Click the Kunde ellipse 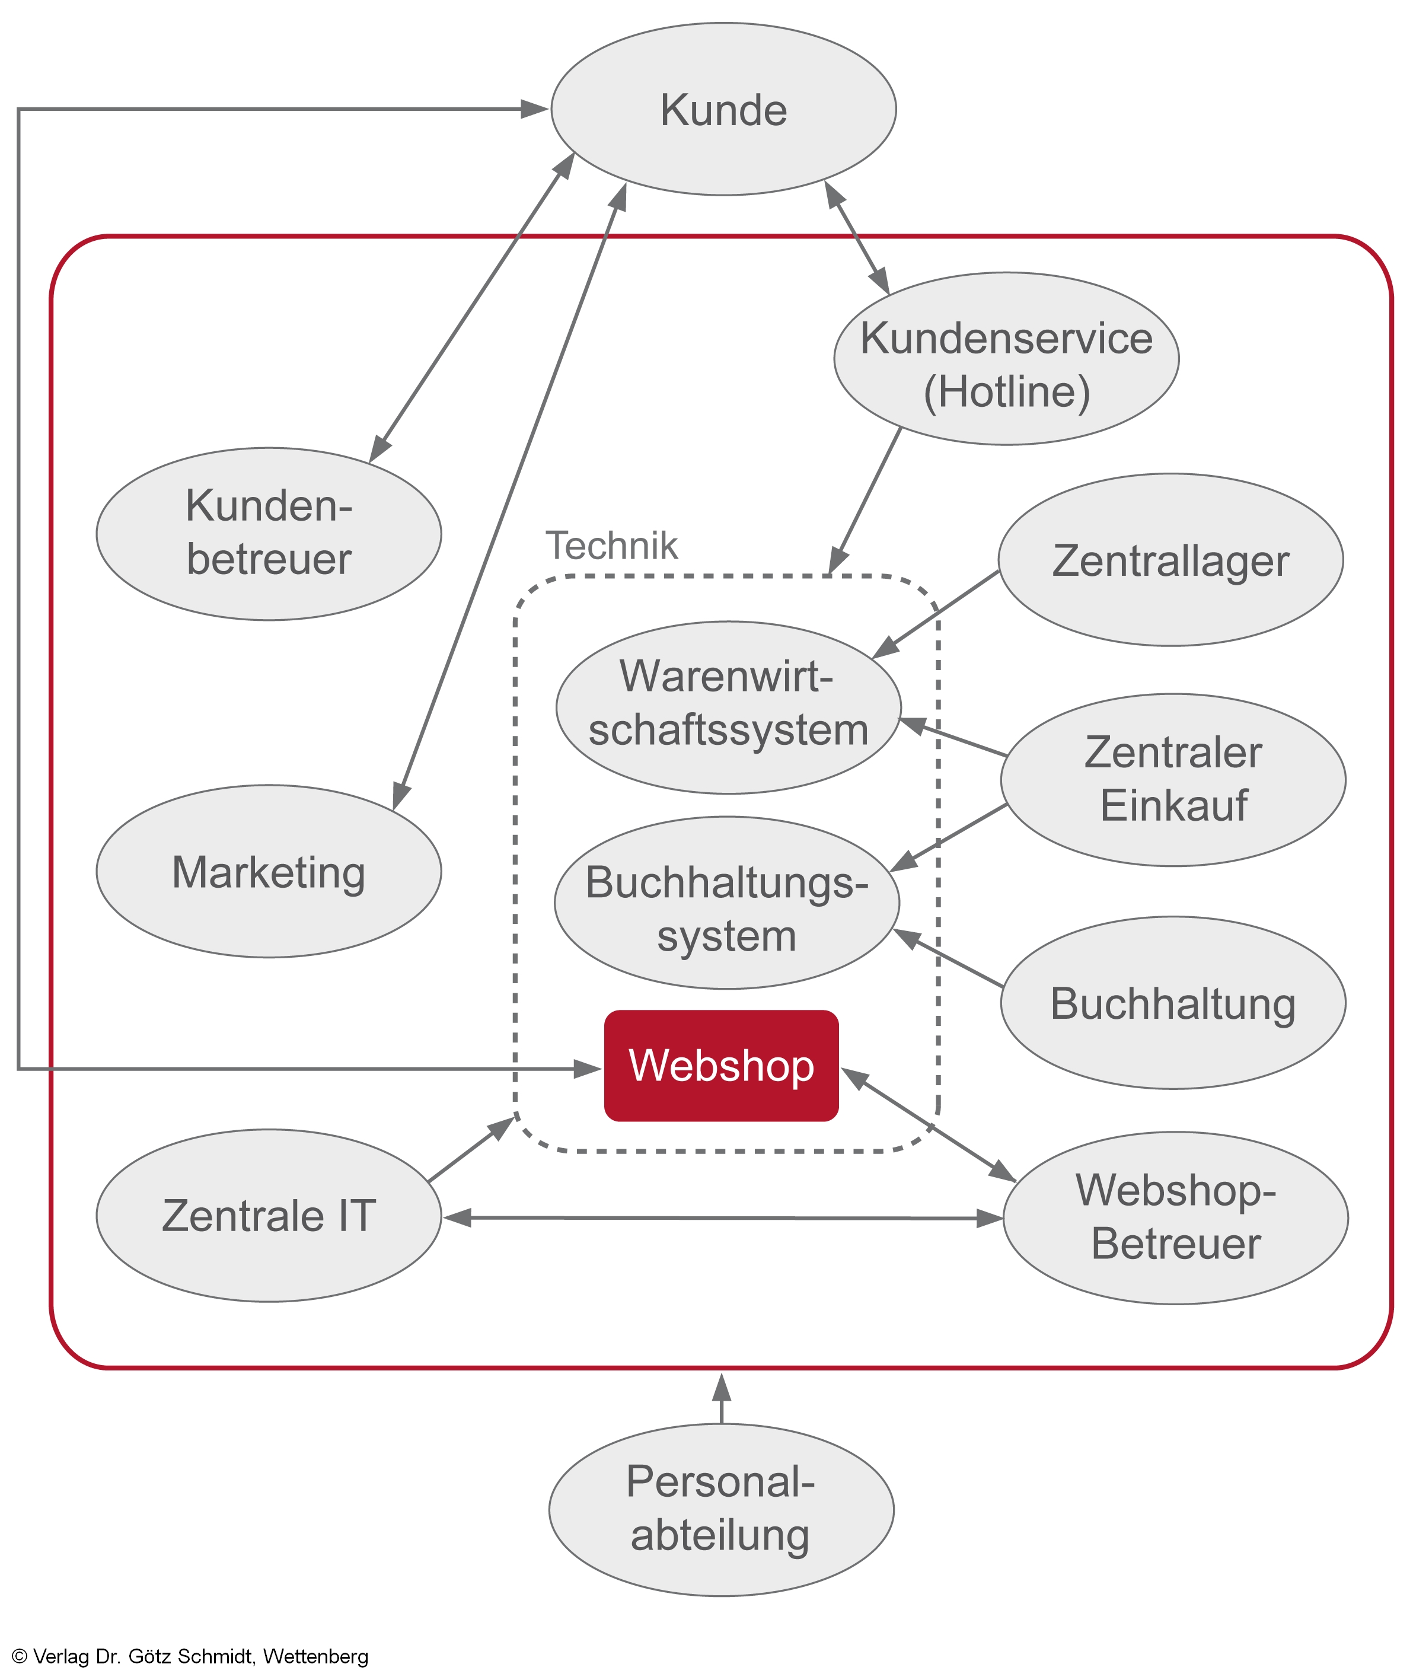point(723,110)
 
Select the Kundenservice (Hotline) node point(1006,359)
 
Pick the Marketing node point(269,871)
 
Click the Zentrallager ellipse point(1170,560)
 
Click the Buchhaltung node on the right point(1173,1002)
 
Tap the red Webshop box point(721,1066)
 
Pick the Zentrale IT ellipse point(269,1215)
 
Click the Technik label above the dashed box point(611,546)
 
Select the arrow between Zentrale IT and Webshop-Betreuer point(721,1217)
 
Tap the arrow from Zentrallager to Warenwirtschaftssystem point(937,613)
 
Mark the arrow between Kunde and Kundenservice point(857,237)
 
